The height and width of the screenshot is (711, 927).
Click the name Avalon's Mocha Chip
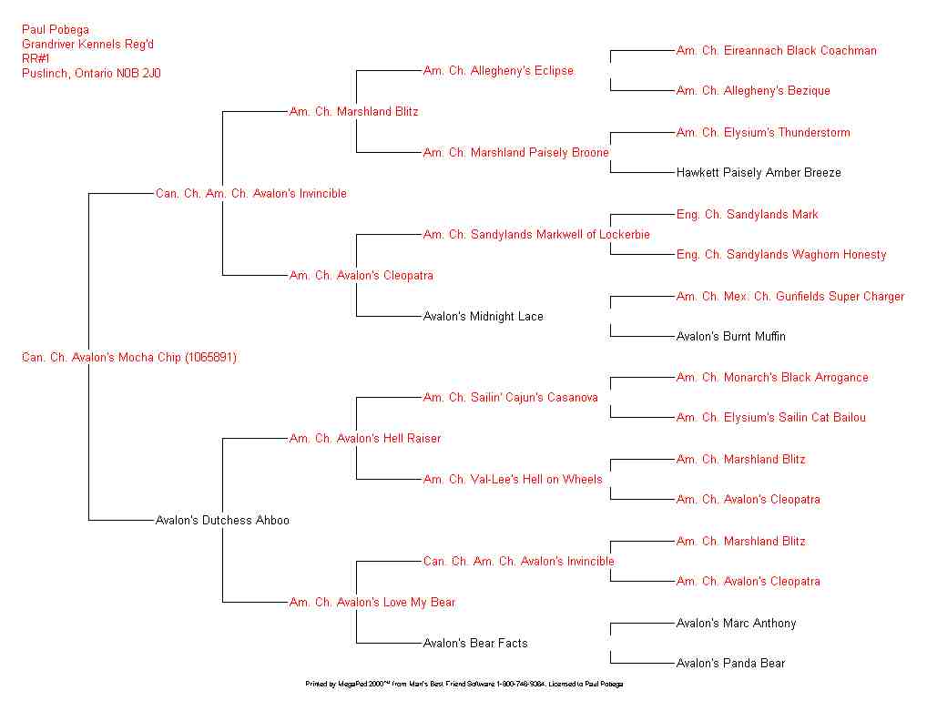pos(128,358)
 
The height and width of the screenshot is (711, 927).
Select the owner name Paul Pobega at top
pos(56,30)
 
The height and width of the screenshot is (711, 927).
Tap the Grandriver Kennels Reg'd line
pos(94,45)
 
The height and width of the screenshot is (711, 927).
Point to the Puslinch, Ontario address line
pos(91,74)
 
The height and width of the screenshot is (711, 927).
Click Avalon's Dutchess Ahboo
pos(222,521)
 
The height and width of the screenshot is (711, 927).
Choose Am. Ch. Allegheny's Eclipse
pos(498,71)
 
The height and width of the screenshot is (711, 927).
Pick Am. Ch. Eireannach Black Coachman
pos(776,51)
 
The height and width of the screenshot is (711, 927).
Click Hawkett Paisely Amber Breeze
pos(759,173)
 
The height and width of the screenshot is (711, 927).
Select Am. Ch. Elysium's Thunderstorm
pos(763,133)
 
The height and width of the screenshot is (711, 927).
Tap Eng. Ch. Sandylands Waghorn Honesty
pos(780,255)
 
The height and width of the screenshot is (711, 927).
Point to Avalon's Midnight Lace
pos(483,317)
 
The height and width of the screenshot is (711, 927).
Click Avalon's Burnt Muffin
pos(730,337)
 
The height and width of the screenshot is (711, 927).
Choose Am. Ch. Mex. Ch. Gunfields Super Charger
pos(789,297)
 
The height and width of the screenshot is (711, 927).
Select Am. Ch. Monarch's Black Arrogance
pos(772,378)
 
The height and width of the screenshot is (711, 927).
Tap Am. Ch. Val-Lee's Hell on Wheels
pos(513,480)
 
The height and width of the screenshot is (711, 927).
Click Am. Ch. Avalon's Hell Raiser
pos(364,439)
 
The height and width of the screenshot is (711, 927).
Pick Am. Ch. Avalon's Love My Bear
pos(372,603)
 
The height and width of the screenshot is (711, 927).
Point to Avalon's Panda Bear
pos(730,664)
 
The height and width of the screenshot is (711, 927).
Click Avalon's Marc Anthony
pos(736,624)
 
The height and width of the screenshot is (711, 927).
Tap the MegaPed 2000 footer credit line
pos(463,684)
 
